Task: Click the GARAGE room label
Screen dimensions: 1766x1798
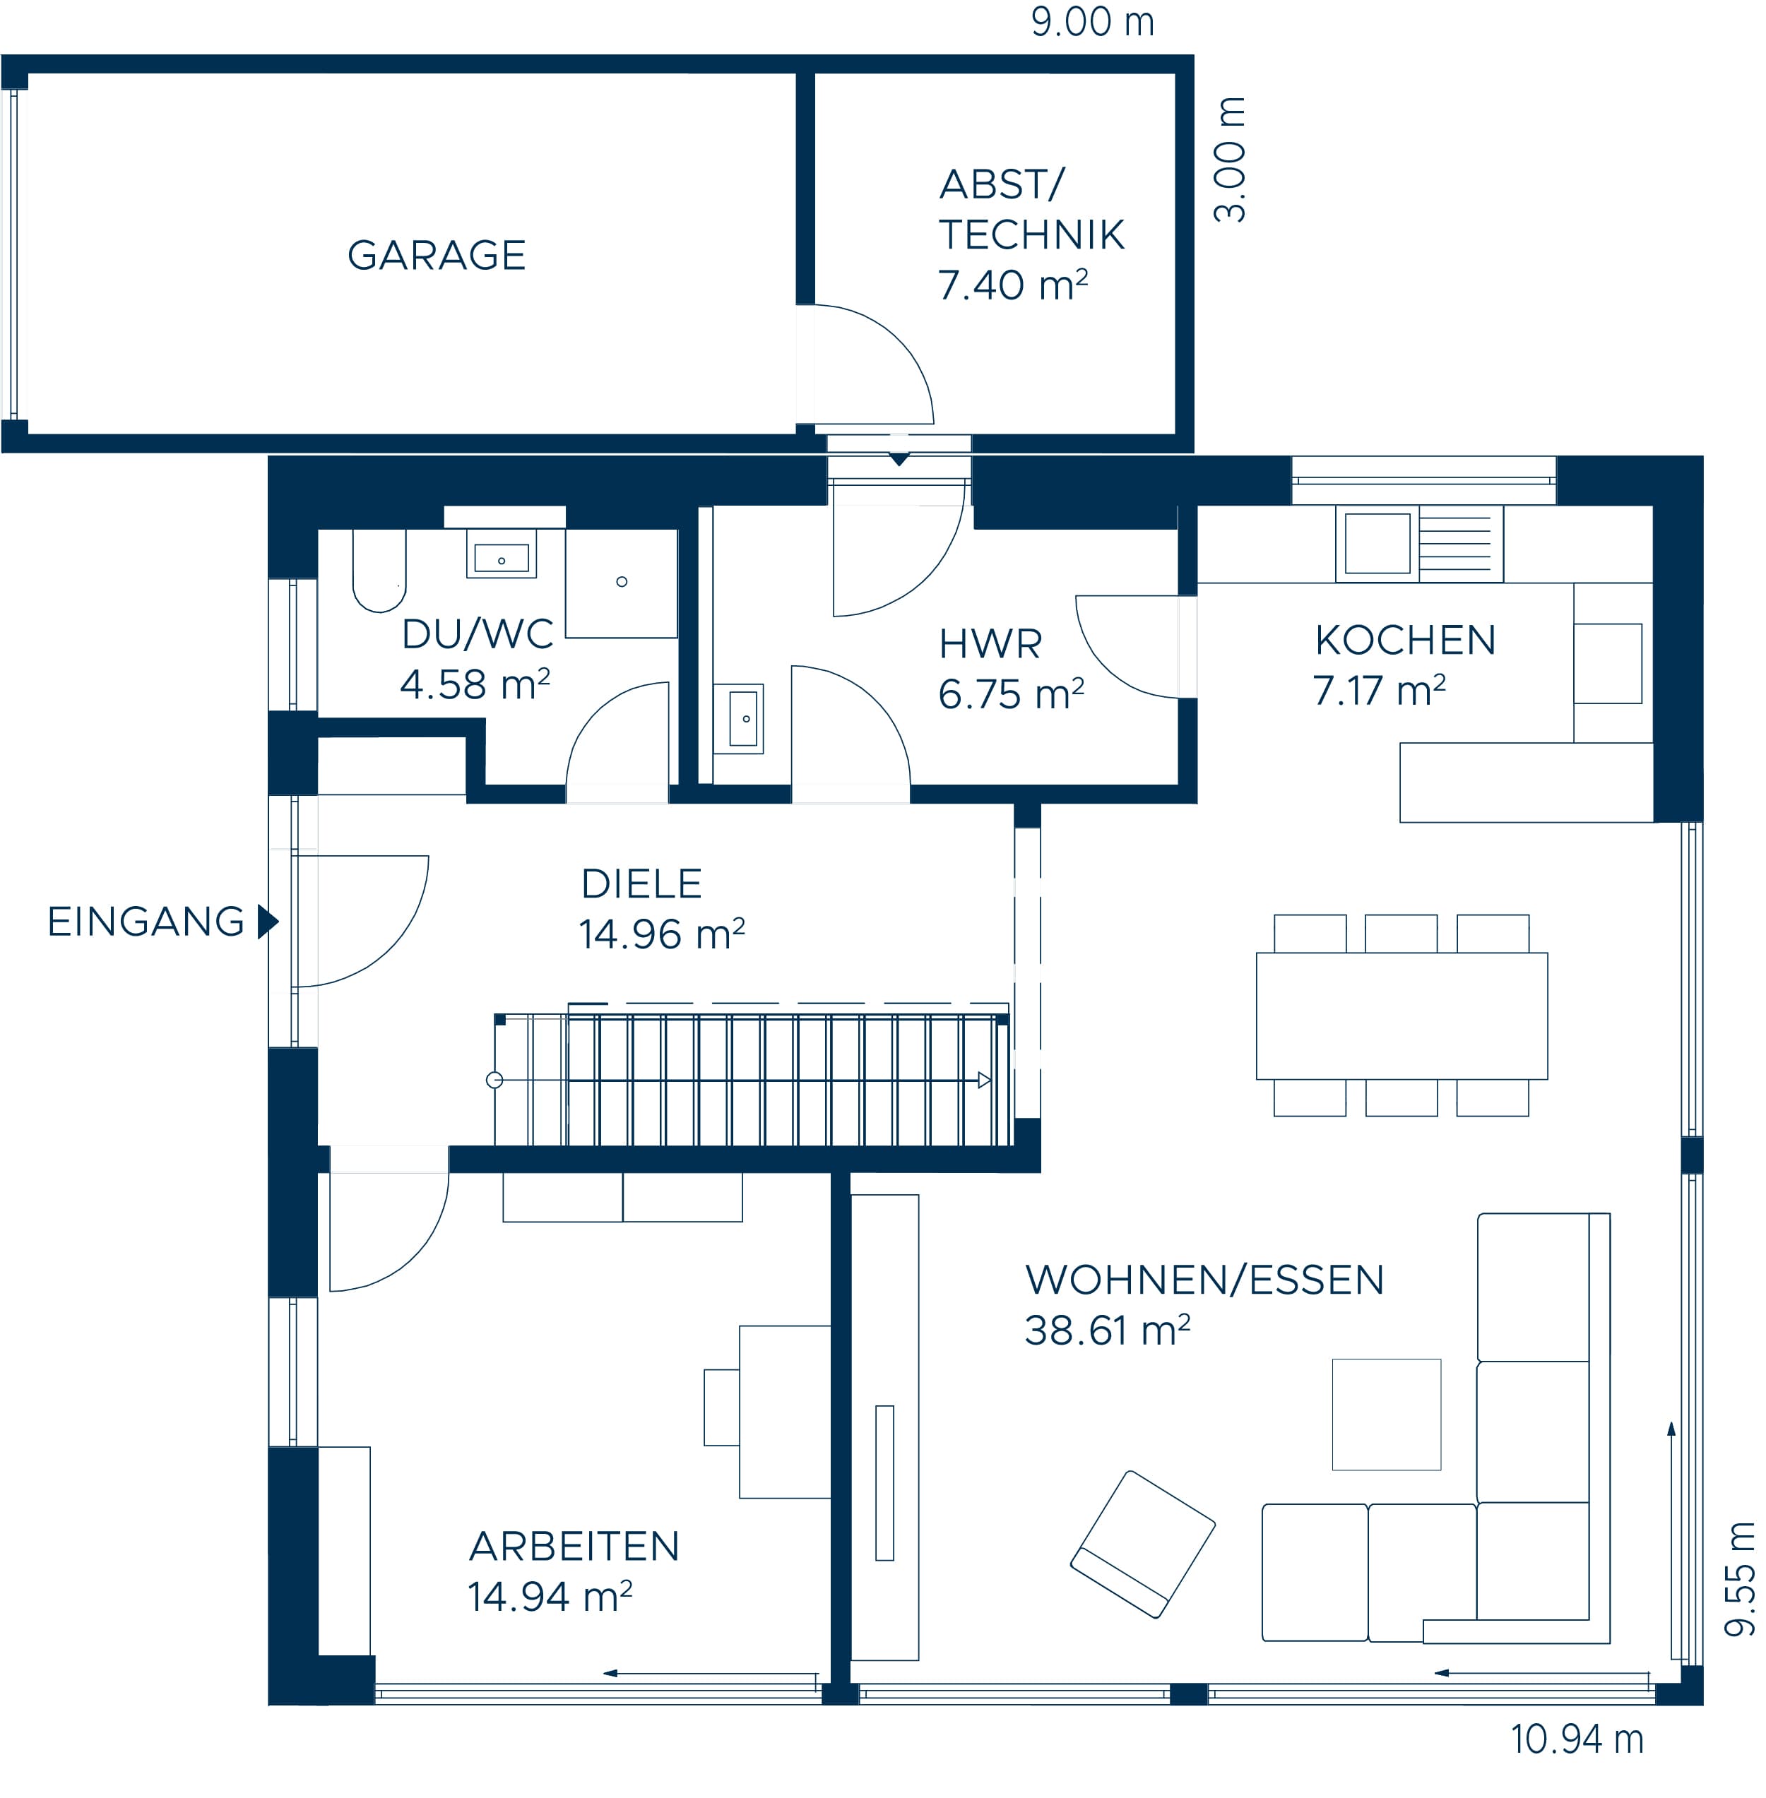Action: [436, 255]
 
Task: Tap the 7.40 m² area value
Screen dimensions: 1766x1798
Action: [1012, 284]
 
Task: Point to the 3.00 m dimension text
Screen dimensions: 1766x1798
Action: [1230, 159]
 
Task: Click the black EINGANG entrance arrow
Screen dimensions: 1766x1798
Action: [268, 921]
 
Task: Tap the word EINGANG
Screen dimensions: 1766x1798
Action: [146, 922]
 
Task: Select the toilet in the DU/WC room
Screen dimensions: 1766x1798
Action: [379, 571]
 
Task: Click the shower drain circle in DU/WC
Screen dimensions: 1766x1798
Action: [622, 581]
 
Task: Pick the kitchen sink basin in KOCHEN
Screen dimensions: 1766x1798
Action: [1377, 543]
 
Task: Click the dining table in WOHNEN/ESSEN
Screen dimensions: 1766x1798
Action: [1401, 1016]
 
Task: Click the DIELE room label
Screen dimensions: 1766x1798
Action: [641, 883]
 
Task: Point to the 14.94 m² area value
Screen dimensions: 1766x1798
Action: [549, 1597]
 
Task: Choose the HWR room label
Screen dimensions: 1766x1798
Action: [990, 643]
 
